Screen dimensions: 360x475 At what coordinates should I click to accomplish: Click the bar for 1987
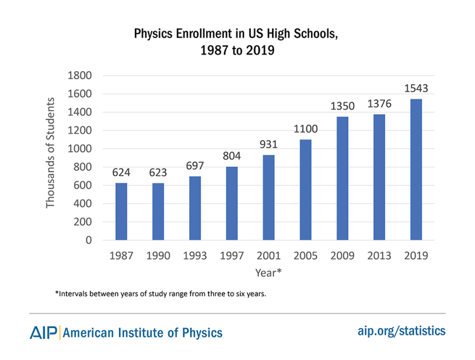pos(121,211)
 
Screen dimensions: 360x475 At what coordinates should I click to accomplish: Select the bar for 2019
pos(416,170)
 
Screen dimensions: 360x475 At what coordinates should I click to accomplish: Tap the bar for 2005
pos(305,190)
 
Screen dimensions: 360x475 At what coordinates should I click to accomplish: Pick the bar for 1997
pos(232,203)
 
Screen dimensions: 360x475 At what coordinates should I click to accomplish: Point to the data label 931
pos(268,144)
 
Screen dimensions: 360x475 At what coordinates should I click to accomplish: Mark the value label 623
pos(158,172)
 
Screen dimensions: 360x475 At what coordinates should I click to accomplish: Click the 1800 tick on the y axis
pos(81,75)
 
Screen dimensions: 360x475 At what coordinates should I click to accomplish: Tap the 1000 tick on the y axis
pos(81,149)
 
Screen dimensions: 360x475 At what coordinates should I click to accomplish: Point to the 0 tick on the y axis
pos(89,240)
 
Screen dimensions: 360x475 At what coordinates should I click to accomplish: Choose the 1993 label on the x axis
pos(195,256)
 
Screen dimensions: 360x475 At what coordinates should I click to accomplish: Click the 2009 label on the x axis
pos(342,256)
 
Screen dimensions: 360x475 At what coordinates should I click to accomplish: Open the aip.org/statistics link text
pos(401,331)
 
